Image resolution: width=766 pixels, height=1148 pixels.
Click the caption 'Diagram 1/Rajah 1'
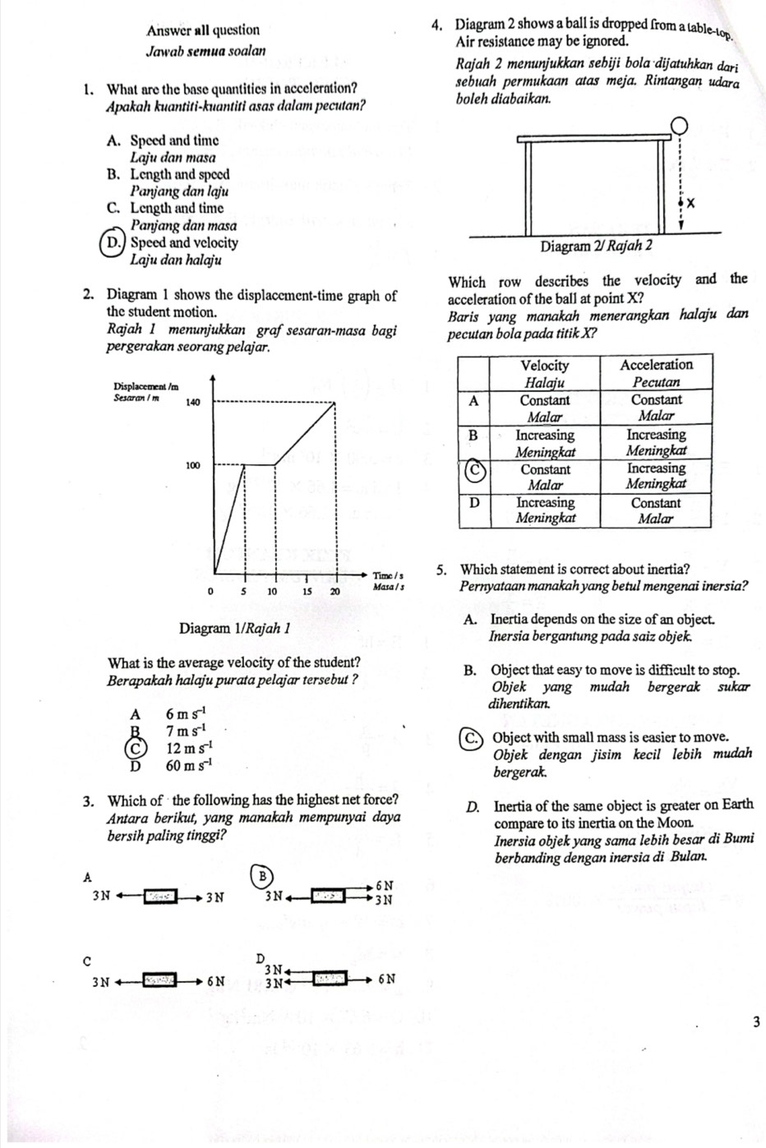(234, 629)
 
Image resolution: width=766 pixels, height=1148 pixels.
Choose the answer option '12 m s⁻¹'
(190, 748)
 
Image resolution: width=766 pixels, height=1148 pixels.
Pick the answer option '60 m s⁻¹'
(190, 766)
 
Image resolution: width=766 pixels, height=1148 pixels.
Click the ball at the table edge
(679, 126)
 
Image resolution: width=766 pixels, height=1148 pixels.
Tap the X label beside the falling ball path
(691, 202)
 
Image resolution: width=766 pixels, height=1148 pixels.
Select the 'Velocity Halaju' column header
(545, 373)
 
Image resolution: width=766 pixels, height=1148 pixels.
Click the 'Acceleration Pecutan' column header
(656, 373)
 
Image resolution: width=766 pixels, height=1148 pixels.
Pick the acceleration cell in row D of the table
(656, 509)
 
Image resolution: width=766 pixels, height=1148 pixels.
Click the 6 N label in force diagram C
(217, 980)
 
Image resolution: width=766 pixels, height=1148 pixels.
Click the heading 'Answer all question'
(203, 30)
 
